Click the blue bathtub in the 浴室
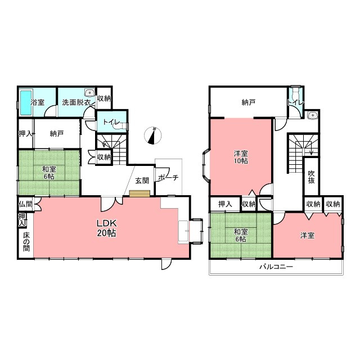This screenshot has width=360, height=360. pos(26,102)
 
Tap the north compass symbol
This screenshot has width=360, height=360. pos(152,136)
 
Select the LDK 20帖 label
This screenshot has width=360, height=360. pos(106,228)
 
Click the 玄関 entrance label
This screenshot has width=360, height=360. pos(142,181)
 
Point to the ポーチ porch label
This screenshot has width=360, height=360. pos(168,178)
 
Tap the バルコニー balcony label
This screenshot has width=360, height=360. pos(276,267)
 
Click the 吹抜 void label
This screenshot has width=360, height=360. pos(311,177)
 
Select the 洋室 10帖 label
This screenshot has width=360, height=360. pos(241,157)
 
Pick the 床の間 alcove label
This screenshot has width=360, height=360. pos(26,242)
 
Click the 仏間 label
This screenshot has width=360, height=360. pos(26,204)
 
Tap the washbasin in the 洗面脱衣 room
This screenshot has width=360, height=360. pos(89,92)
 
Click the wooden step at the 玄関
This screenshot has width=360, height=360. pos(139,193)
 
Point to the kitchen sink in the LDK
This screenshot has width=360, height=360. pos(183,231)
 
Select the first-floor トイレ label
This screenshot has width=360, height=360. pos(111,121)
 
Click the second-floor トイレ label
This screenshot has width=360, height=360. pos(296,102)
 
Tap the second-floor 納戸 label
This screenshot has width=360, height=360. pos(249,102)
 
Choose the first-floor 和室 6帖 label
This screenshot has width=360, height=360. pos(49,173)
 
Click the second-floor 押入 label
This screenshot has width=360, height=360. pos(225,204)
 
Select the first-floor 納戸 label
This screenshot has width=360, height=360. pos(57,133)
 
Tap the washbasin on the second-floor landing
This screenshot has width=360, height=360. pos(313,115)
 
